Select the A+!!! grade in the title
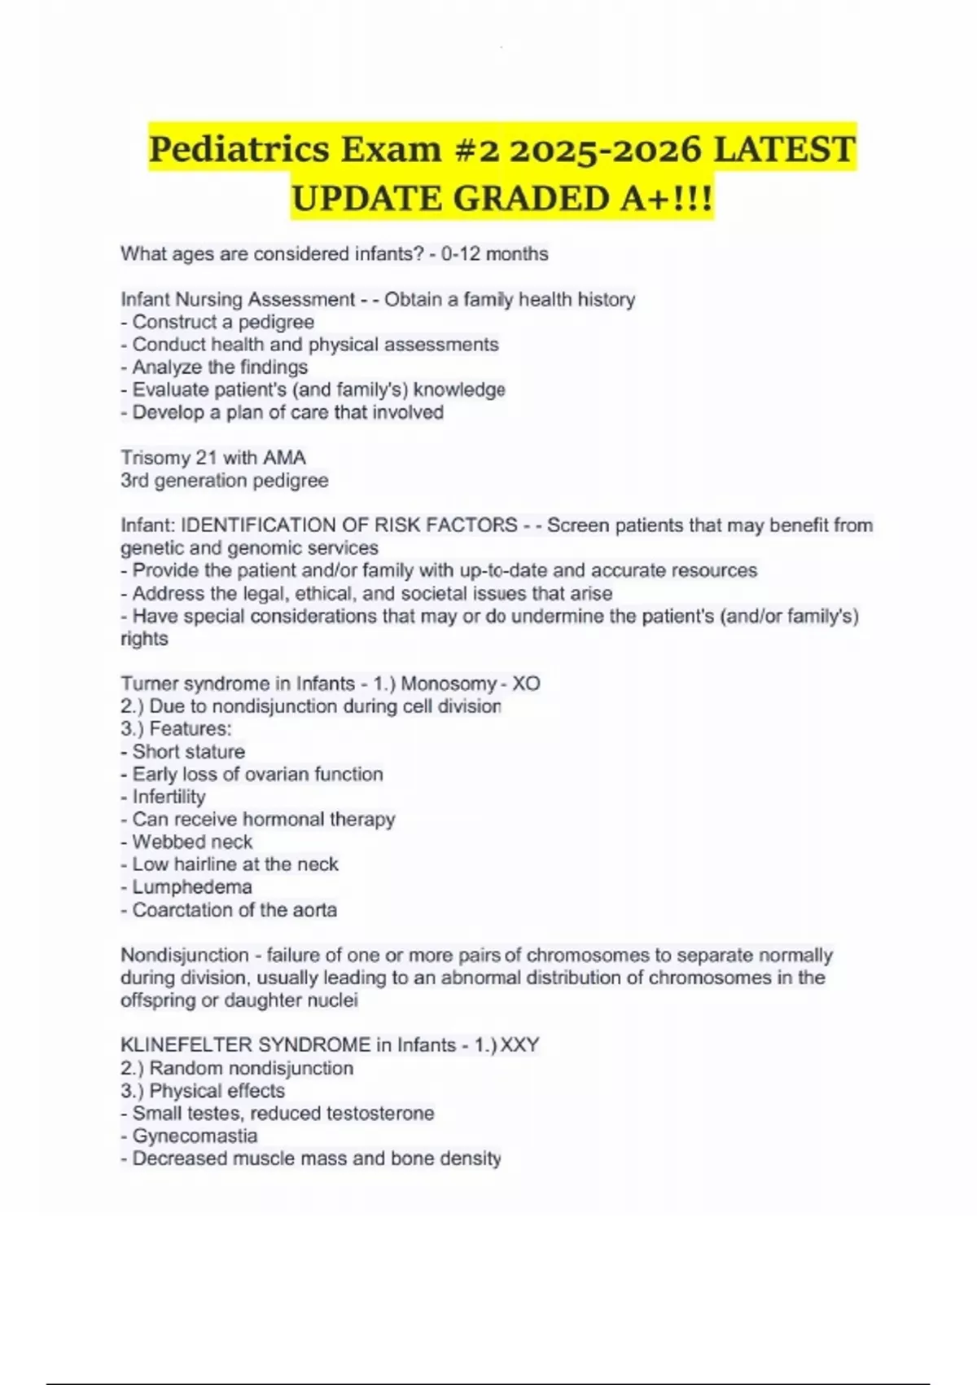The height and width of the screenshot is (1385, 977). [667, 198]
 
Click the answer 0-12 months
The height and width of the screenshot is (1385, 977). [495, 254]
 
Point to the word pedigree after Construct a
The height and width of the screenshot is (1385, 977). [276, 322]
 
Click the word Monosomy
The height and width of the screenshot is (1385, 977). [449, 684]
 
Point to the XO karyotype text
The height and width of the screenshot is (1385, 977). [526, 684]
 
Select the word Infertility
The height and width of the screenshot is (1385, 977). [169, 797]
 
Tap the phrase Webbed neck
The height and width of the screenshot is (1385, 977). [192, 842]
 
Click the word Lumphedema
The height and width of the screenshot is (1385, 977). [192, 887]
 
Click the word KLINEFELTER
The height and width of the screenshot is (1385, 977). [188, 1045]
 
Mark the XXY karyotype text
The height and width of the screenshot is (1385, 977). [519, 1045]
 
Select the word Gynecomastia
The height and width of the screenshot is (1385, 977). [195, 1136]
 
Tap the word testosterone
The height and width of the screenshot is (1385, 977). [380, 1113]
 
